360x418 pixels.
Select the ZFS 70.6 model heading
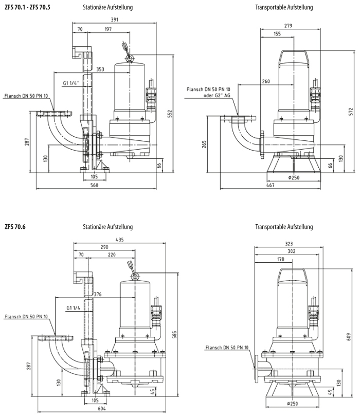[x=15, y=227]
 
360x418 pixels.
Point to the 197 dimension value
[x=107, y=30]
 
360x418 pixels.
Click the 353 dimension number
[x=100, y=69]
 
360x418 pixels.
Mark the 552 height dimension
[x=171, y=113]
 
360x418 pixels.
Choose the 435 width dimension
[x=120, y=240]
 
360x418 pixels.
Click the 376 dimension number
[x=98, y=294]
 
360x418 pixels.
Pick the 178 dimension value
[x=280, y=259]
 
